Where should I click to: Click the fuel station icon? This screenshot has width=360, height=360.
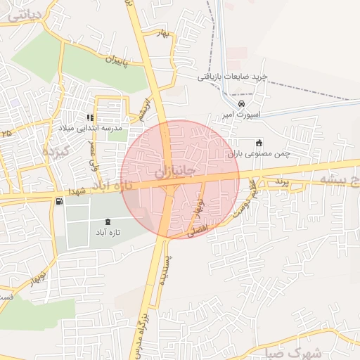58,202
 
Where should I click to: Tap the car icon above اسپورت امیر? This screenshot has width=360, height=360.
243,104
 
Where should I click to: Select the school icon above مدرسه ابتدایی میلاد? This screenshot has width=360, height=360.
89,117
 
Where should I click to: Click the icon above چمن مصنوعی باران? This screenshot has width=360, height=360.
259,141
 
